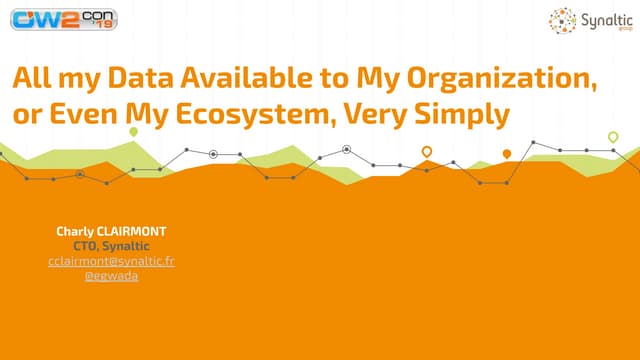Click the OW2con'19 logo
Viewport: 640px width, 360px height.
pos(64,19)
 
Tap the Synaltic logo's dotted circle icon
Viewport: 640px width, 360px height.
pos(562,20)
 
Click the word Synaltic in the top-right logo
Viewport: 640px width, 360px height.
pos(607,20)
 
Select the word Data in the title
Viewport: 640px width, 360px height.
pos(141,78)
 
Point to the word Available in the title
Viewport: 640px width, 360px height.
pos(247,78)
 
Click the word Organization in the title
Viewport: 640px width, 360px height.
pos(502,79)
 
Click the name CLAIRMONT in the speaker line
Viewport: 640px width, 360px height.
pos(131,231)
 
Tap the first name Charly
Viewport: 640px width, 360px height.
pos(75,232)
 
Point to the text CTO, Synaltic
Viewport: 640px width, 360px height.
pos(111,246)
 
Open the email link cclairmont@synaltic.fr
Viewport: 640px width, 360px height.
pos(111,261)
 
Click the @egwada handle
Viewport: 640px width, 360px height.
pos(111,276)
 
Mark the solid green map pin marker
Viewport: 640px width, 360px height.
pos(133,132)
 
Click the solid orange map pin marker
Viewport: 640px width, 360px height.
pos(507,154)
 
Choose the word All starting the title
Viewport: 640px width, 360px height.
pos(32,78)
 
